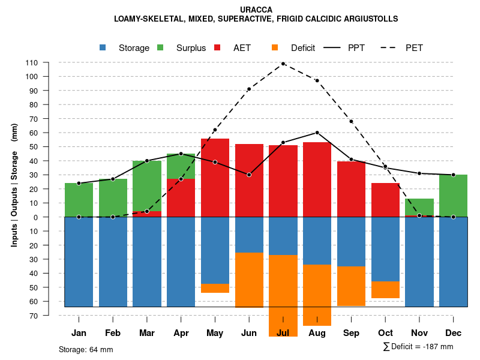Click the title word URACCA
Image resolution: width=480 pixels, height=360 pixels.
(x=256, y=10)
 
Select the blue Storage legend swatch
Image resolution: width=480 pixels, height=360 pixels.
(x=103, y=48)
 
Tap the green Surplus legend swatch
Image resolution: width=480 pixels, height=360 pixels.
(x=161, y=48)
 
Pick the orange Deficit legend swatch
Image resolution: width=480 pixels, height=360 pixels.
(x=275, y=48)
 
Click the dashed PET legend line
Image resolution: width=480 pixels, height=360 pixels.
(x=391, y=48)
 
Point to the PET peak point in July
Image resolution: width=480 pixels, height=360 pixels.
(x=283, y=64)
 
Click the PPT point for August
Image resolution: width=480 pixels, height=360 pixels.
(x=317, y=133)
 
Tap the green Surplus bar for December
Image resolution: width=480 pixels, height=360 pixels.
(x=453, y=196)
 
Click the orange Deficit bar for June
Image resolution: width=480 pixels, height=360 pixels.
(x=249, y=280)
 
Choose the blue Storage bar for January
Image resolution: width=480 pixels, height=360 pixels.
(x=79, y=262)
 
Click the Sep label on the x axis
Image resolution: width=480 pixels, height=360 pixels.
(x=351, y=333)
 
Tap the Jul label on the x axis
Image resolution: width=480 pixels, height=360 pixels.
(x=283, y=333)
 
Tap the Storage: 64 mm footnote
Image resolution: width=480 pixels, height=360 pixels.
(x=86, y=349)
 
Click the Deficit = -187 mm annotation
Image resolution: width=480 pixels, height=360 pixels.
(x=418, y=347)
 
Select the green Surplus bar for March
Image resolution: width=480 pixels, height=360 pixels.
(x=147, y=185)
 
